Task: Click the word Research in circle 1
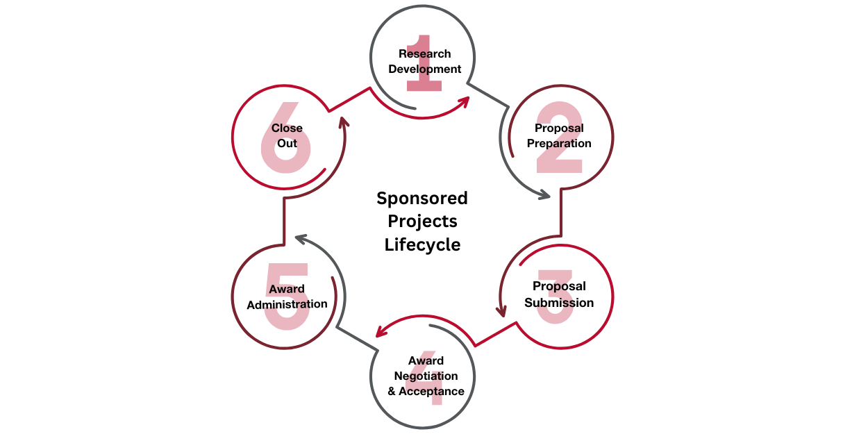tap(424, 54)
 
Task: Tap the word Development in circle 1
tap(424, 69)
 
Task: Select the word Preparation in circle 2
tap(559, 144)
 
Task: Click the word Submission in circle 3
tap(559, 303)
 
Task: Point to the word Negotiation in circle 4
tap(426, 376)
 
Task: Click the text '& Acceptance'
tap(426, 392)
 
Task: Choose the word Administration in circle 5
tap(287, 304)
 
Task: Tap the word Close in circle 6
tap(287, 128)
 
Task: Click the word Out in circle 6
tap(287, 144)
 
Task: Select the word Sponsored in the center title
tap(422, 199)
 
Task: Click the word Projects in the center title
tap(422, 222)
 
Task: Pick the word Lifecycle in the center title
tap(422, 245)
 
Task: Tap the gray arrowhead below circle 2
tap(544, 196)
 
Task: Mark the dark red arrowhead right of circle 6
tap(342, 124)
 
